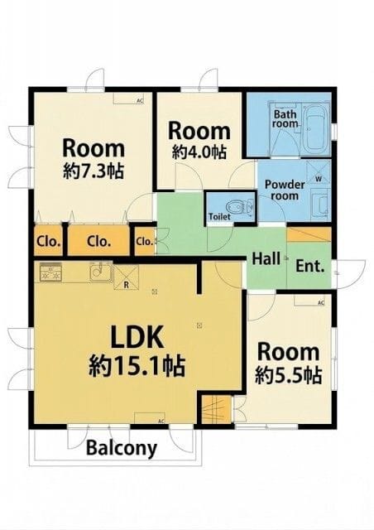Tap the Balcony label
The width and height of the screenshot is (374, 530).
point(122,449)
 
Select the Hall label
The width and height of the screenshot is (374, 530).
point(266,258)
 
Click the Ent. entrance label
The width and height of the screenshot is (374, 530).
point(309,267)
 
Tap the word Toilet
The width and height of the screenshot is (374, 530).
point(219,217)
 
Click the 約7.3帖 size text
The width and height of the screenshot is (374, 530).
point(93,172)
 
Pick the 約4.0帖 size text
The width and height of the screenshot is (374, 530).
point(199,152)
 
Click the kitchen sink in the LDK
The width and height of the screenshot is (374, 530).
point(100,272)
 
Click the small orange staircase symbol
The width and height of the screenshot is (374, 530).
point(213,409)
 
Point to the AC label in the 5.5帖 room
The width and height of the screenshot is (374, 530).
point(320,304)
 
